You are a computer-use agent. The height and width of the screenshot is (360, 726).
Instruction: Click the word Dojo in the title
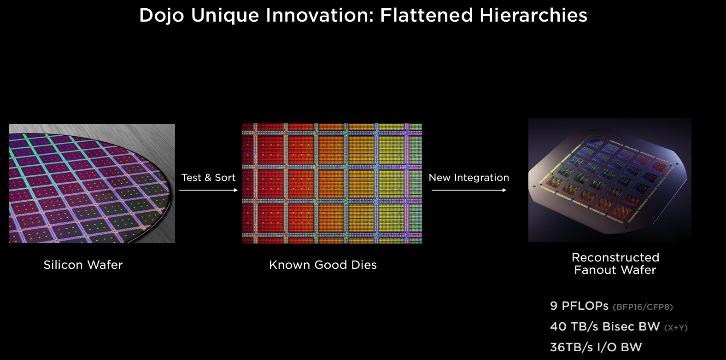click(162, 15)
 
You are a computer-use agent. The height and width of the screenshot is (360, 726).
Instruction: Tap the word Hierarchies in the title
click(533, 15)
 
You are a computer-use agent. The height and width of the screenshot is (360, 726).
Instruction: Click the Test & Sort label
click(208, 178)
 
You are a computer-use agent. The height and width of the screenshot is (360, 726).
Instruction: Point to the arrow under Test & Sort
click(208, 190)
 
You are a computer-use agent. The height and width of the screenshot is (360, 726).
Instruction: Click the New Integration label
click(468, 178)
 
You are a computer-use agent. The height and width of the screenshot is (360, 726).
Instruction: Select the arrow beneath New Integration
click(468, 190)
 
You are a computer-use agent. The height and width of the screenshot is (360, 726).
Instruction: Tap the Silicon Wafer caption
click(83, 265)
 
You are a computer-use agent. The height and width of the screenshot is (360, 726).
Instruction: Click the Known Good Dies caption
click(322, 265)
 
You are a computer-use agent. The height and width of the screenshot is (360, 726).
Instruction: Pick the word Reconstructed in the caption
click(615, 257)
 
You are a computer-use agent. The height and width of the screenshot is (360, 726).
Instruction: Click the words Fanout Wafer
click(615, 270)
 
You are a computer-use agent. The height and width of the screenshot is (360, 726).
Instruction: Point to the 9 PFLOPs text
click(579, 306)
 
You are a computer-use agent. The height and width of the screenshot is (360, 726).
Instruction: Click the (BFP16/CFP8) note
click(643, 307)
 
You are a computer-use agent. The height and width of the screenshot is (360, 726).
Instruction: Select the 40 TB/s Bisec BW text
click(604, 327)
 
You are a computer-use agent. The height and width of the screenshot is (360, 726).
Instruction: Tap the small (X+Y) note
click(676, 328)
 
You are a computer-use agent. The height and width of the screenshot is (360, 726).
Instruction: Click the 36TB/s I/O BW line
click(596, 347)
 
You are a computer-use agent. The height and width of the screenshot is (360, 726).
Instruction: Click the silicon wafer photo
click(92, 183)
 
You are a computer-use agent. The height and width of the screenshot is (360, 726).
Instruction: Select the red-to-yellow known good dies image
click(332, 183)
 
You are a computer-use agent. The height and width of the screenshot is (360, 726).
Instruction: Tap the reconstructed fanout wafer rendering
click(609, 180)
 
